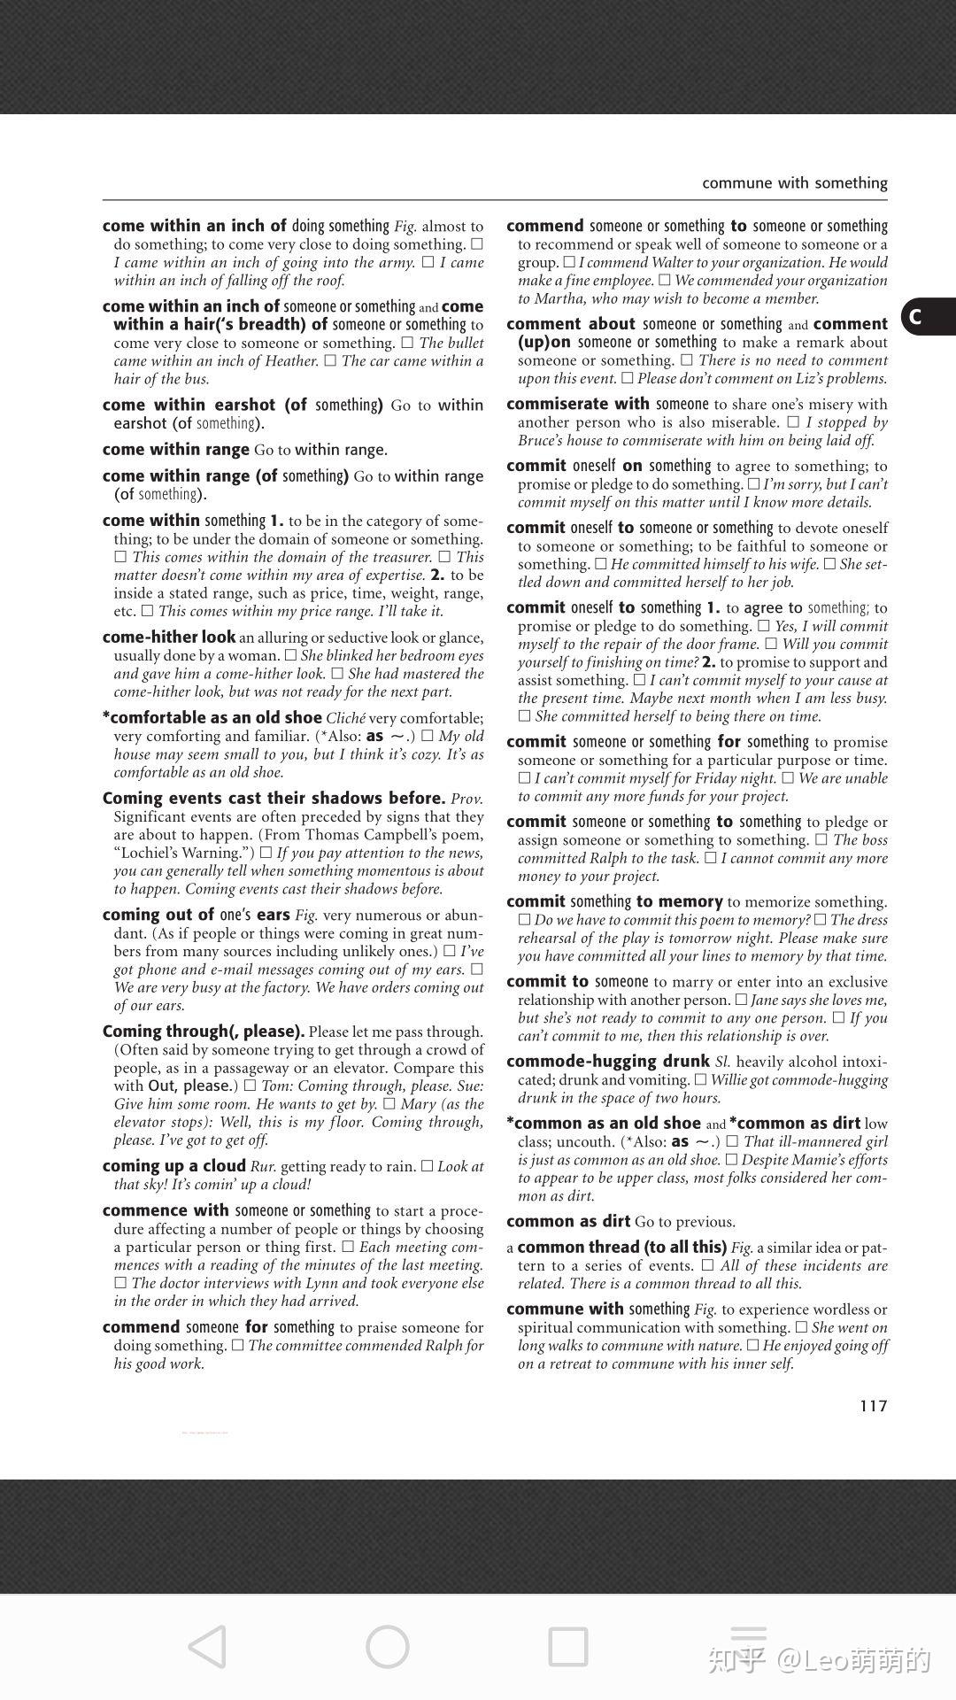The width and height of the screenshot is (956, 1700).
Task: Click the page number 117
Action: (873, 1405)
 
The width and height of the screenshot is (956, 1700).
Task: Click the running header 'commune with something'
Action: (794, 183)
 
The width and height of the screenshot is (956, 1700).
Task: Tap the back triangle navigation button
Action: (208, 1647)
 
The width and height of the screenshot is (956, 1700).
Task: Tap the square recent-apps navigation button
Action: (567, 1647)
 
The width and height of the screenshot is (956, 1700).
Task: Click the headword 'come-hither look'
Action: (169, 637)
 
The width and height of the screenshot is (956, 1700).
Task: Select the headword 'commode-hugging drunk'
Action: (608, 1062)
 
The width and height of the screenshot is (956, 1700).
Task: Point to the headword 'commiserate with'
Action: (578, 405)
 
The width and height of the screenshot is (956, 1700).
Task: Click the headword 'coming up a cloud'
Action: (173, 1166)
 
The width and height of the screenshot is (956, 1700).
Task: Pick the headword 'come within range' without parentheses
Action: (175, 450)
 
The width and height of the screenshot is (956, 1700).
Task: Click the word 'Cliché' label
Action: (345, 718)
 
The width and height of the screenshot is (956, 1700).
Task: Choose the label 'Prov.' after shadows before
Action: (466, 799)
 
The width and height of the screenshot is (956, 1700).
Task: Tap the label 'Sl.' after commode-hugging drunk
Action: (722, 1062)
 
